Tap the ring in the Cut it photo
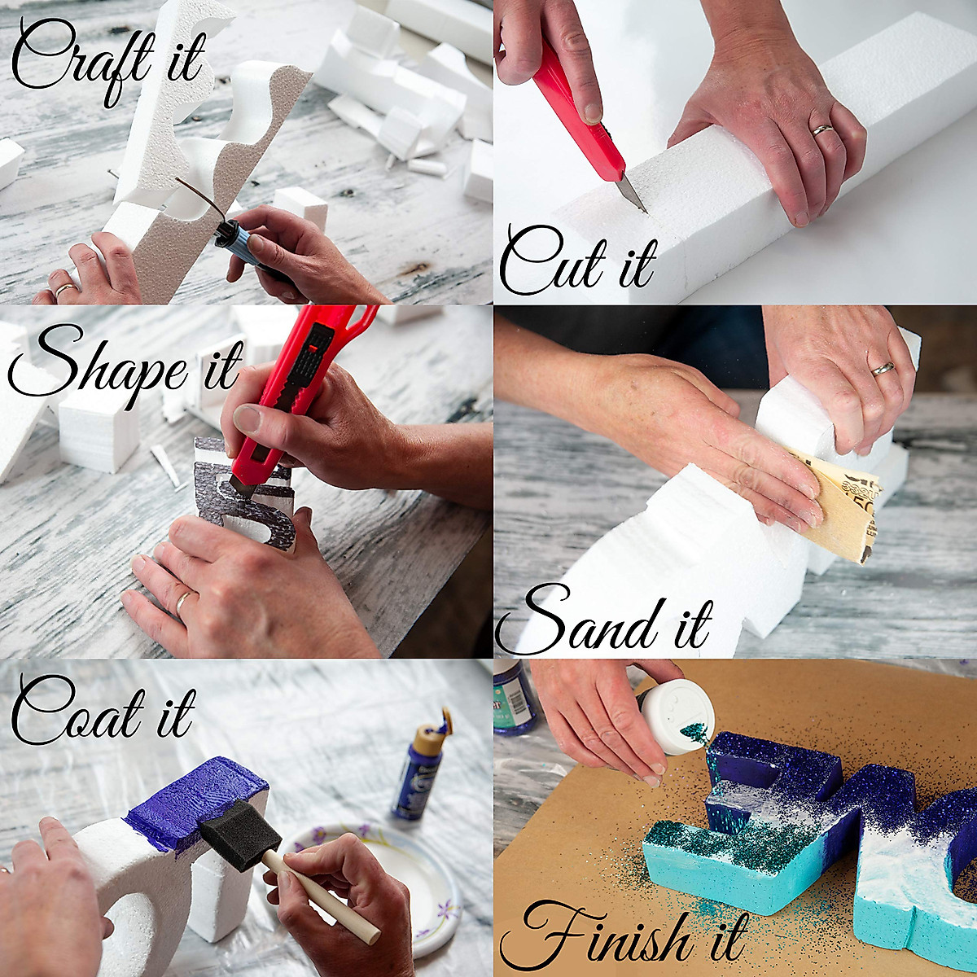point(822,129)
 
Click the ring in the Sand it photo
point(883,369)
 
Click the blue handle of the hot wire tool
point(236,244)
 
